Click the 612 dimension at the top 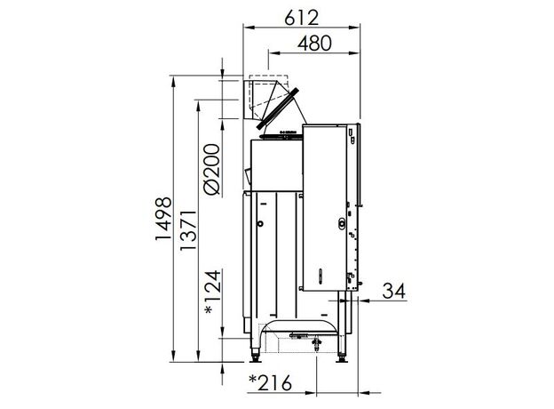tap(301, 18)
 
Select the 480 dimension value tap(314, 44)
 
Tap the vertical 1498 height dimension tap(163, 219)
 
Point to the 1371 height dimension tap(187, 230)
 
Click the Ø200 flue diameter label tap(212, 169)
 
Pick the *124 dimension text tap(213, 293)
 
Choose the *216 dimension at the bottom tap(271, 382)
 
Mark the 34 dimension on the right tap(394, 291)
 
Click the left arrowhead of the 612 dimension tap(249, 28)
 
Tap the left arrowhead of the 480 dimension tap(274, 53)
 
